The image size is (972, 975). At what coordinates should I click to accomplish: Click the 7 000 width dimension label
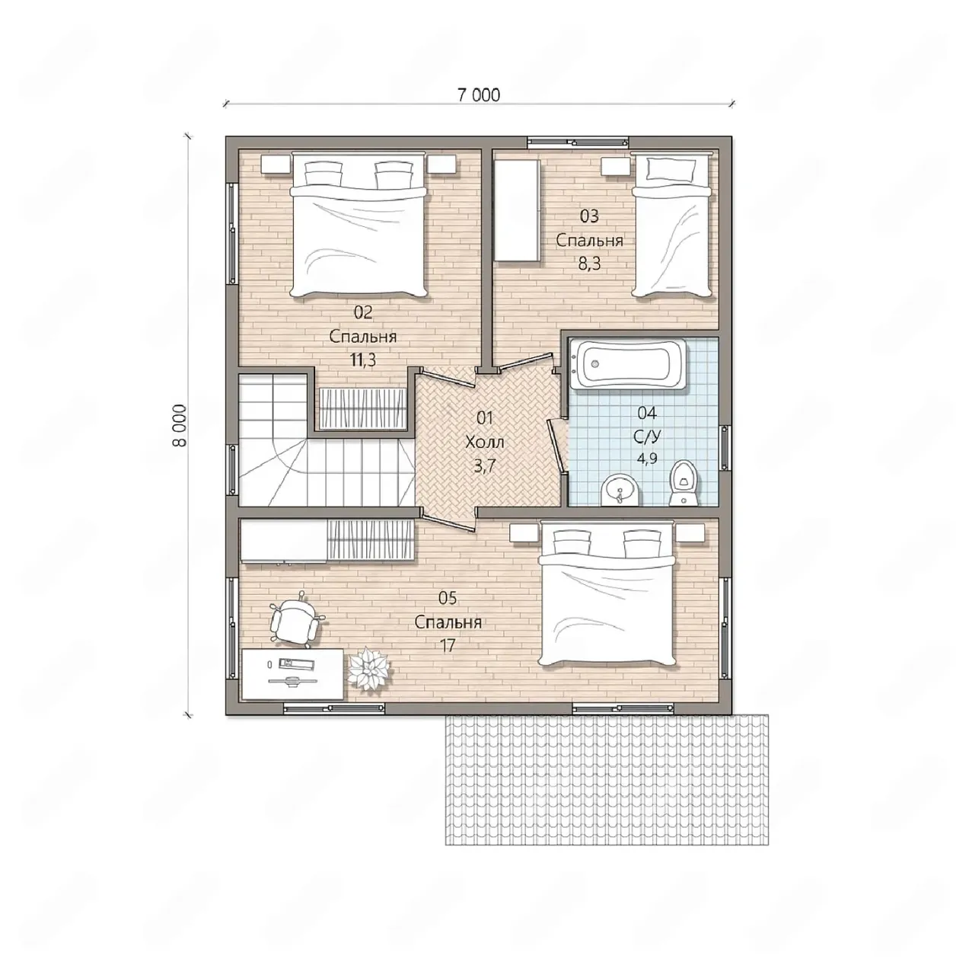point(479,95)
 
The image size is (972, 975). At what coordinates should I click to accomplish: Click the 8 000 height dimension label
point(180,426)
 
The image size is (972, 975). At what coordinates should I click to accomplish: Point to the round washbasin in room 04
point(620,490)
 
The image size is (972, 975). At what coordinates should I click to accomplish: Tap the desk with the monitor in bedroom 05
point(292,673)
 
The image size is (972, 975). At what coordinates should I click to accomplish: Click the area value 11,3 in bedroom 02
point(362,360)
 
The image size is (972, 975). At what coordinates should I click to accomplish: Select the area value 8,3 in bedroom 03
point(589,264)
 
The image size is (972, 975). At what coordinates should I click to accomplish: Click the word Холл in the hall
point(484,443)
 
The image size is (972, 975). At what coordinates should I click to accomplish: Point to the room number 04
point(647,413)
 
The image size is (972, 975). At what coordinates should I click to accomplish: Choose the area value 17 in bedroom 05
point(448,646)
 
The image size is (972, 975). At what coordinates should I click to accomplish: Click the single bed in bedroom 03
point(673,225)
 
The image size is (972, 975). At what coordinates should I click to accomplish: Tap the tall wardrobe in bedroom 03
point(516,210)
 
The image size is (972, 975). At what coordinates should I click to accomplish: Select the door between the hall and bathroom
point(557,446)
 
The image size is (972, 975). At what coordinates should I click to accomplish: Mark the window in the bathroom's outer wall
point(725,446)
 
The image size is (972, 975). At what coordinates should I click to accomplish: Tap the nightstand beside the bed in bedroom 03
point(615,165)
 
